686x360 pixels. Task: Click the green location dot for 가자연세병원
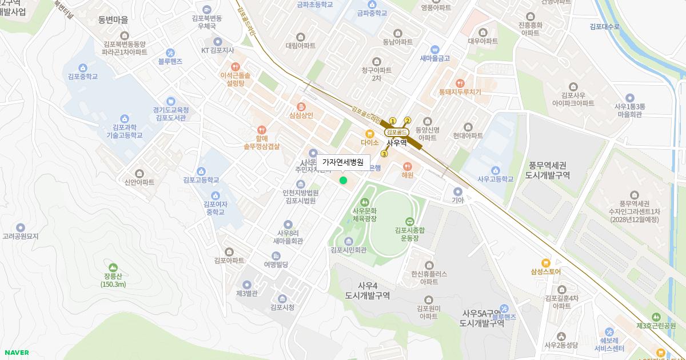coord(343,181)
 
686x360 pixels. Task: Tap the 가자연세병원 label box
coord(342,162)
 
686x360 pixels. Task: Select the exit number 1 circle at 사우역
coord(393,121)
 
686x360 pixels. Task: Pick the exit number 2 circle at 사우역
coord(408,121)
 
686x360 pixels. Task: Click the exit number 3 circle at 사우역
coord(384,154)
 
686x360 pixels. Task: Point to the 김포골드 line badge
coord(396,132)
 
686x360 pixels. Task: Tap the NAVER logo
coord(15,353)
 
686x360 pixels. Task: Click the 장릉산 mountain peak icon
coord(113,267)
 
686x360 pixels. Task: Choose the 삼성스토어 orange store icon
coord(545,263)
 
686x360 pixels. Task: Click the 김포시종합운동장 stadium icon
coord(409,222)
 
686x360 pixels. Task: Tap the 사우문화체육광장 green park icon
coord(364,202)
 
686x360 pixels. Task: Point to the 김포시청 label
coord(282,307)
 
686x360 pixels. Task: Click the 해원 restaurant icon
coord(407,166)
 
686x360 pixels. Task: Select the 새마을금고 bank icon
coord(435,49)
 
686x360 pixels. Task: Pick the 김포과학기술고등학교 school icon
coord(124,118)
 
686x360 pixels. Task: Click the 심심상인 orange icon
coord(301,106)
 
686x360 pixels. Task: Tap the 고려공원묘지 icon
coord(21,227)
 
